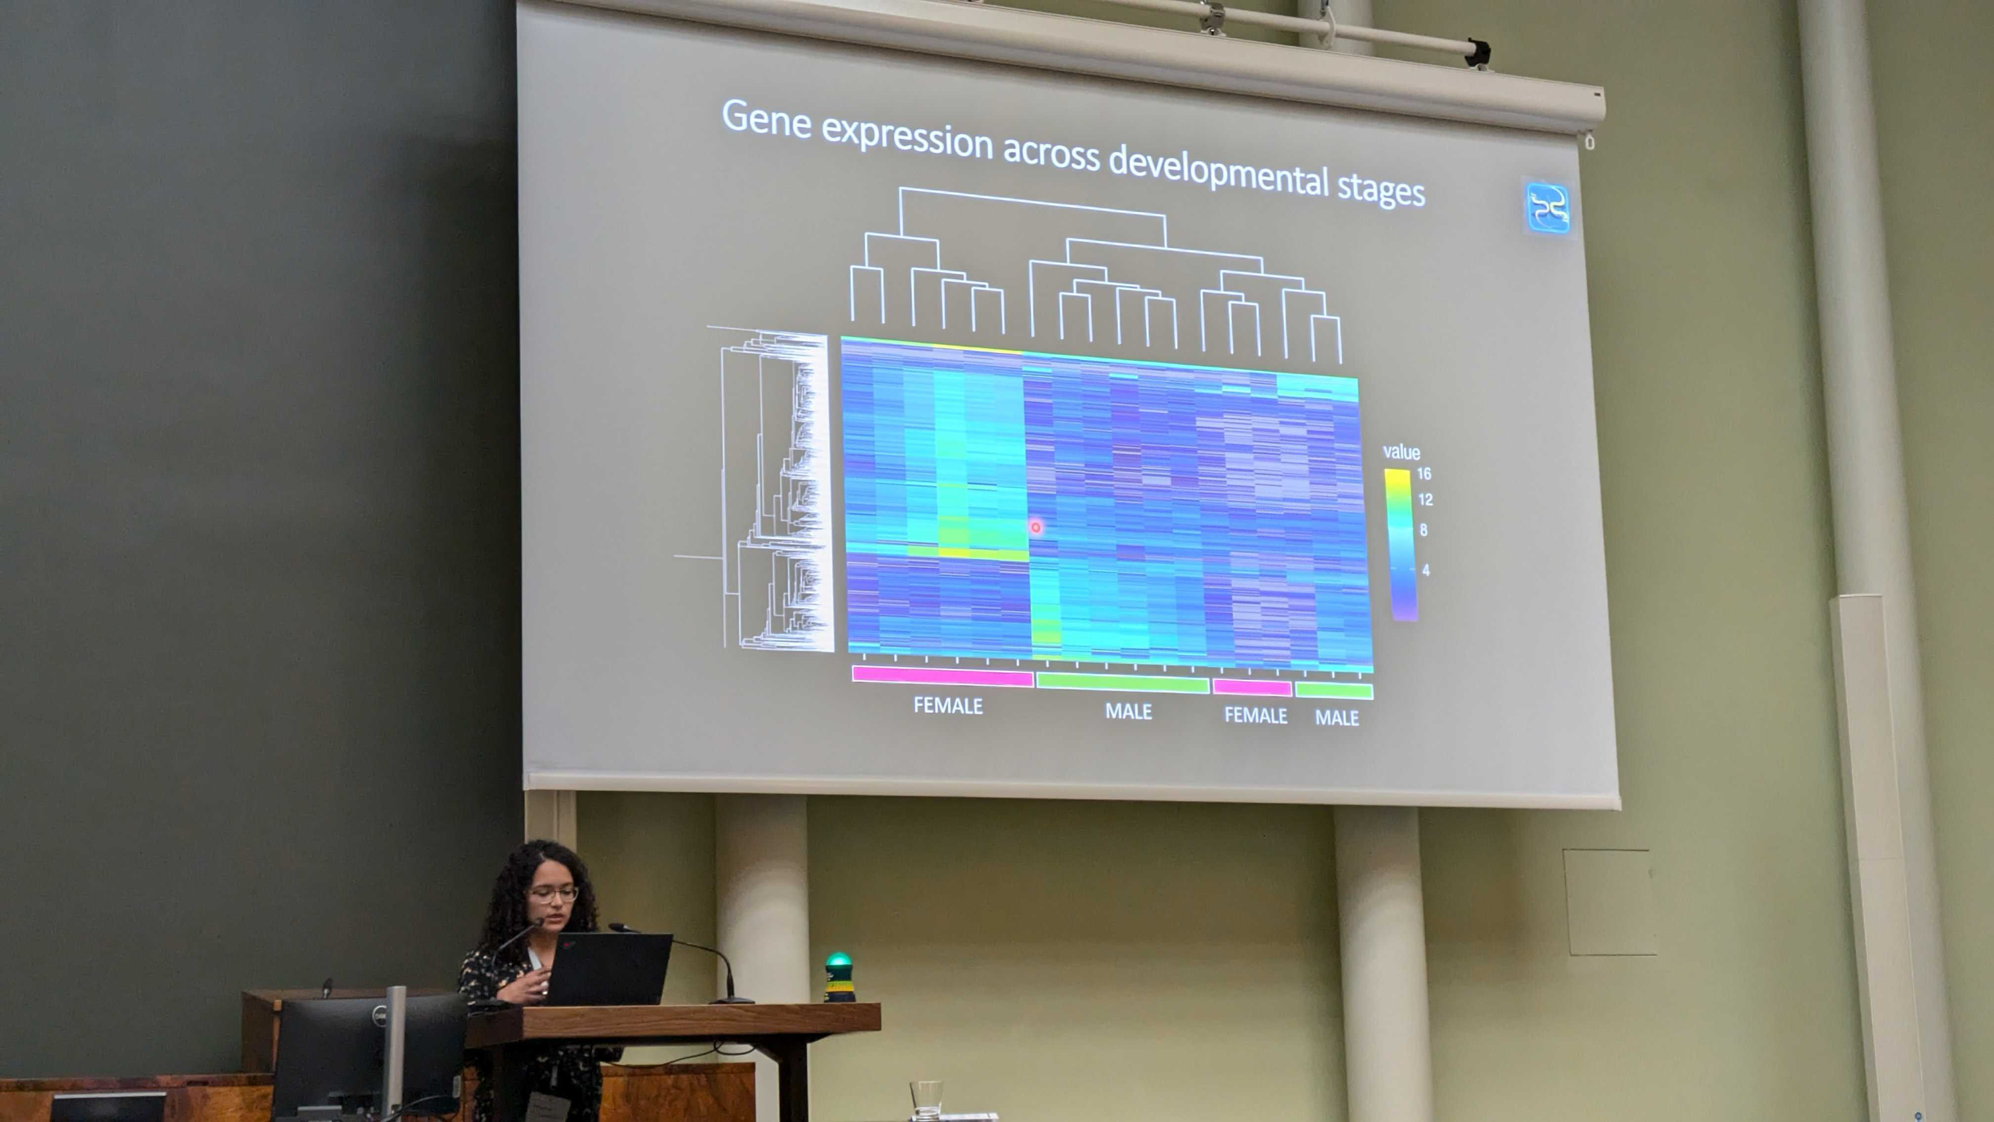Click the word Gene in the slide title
[x=766, y=120]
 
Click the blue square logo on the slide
[x=1547, y=208]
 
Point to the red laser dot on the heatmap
[x=1036, y=527]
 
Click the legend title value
[x=1401, y=452]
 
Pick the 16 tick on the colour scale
[x=1424, y=473]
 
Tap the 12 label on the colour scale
[x=1425, y=499]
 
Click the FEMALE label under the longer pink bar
[x=948, y=705]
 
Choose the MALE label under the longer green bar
[x=1129, y=711]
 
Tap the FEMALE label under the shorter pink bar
[x=1256, y=715]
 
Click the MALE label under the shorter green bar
[x=1337, y=718]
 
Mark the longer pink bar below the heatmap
[x=942, y=676]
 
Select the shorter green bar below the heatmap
[x=1334, y=691]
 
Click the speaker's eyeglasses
[x=554, y=895]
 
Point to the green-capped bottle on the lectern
[x=839, y=977]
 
